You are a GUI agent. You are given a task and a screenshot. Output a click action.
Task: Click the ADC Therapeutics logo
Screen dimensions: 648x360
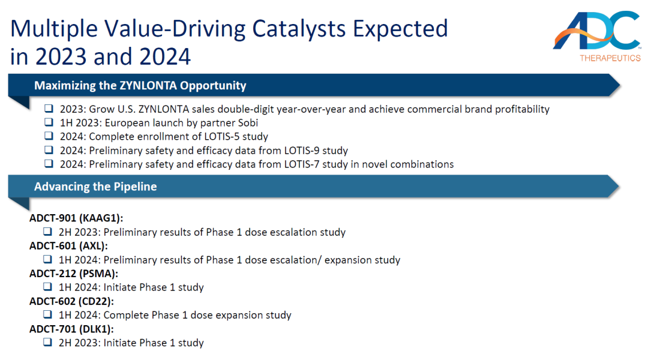pyautogui.click(x=597, y=37)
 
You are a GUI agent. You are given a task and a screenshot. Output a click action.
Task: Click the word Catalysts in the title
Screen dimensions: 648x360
pyautogui.click(x=299, y=29)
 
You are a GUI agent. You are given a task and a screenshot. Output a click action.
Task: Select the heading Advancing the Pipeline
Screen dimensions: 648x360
pyautogui.click(x=95, y=187)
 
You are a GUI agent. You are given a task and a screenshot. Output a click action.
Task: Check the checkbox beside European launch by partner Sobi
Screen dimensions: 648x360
pyautogui.click(x=49, y=122)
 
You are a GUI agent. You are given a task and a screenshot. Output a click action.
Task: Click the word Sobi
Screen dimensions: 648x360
pyautogui.click(x=248, y=123)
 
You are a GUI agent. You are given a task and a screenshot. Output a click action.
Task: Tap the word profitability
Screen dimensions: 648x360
pyautogui.click(x=523, y=109)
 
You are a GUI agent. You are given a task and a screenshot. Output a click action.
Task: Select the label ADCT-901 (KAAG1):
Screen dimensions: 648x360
pyautogui.click(x=76, y=218)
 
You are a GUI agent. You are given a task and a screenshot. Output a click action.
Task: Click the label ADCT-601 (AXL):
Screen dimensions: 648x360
pyautogui.click(x=68, y=246)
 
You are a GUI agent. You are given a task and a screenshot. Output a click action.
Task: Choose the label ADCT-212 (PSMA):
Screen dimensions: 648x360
pyautogui.click(x=74, y=274)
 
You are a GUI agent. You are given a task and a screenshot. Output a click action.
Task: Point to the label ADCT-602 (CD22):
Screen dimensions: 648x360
pyautogui.click(x=71, y=301)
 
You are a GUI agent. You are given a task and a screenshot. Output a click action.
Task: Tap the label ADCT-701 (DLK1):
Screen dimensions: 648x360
pyautogui.click(x=71, y=329)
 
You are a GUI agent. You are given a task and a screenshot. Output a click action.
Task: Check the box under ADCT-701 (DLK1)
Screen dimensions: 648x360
pyautogui.click(x=47, y=342)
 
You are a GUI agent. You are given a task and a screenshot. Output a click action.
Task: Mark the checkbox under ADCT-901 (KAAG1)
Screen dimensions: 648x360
pyautogui.click(x=47, y=232)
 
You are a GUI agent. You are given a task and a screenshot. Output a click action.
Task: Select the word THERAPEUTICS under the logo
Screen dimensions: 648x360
pyautogui.click(x=610, y=58)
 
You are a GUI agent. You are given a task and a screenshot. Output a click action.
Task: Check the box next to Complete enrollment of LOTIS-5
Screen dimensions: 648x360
pyautogui.click(x=49, y=136)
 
